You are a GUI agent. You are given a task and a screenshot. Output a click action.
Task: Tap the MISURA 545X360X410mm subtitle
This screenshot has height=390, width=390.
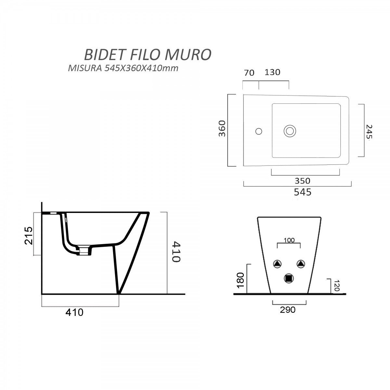[x=123, y=69]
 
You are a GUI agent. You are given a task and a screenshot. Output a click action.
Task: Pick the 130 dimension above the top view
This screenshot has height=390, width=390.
[x=272, y=72]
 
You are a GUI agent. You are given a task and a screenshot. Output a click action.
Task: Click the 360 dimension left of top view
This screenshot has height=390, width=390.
[x=222, y=129]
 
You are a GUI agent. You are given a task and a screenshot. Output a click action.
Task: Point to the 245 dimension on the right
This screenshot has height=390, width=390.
[x=369, y=131]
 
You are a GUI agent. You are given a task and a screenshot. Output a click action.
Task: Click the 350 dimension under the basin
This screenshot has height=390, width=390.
[x=303, y=180]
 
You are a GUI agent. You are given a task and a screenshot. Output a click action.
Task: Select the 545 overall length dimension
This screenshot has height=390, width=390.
[x=303, y=192]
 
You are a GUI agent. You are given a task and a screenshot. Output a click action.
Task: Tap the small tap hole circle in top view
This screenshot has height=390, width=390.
[x=259, y=131]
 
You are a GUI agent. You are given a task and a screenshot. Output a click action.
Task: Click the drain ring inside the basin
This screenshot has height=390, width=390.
[x=290, y=131]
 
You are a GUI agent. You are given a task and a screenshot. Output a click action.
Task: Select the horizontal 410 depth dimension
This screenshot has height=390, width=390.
[x=74, y=312]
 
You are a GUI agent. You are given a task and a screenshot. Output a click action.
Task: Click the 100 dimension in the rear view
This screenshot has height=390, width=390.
[x=289, y=240]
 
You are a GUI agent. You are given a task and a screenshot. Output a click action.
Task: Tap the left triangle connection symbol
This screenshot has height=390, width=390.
[x=277, y=264]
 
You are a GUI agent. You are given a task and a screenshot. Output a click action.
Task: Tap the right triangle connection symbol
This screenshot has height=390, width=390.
[x=301, y=264]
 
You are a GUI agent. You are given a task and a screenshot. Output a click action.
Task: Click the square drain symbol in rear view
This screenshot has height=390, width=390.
[x=289, y=278]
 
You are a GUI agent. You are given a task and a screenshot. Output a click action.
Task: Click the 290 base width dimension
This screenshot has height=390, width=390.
[x=288, y=310]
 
